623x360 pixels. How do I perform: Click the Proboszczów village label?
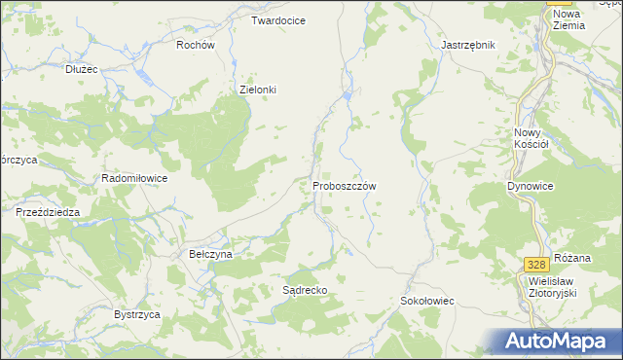tap(345, 185)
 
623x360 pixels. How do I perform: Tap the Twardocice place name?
tap(278, 20)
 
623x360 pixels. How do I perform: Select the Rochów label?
tap(195, 45)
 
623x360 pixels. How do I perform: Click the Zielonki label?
tap(258, 90)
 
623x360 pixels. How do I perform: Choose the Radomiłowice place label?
tap(134, 179)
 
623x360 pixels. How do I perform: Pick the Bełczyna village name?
tap(210, 254)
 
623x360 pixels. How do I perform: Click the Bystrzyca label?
tap(136, 315)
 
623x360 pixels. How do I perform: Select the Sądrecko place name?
tap(304, 290)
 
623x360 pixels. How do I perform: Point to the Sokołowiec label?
tap(427, 302)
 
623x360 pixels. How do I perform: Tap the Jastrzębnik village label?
tap(468, 45)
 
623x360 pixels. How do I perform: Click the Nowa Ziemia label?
tap(568, 19)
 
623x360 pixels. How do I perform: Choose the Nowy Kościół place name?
tap(531, 137)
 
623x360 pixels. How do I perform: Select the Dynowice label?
tap(531, 185)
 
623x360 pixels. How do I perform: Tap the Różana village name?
tap(572, 258)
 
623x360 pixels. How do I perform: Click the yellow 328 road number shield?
tap(534, 265)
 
